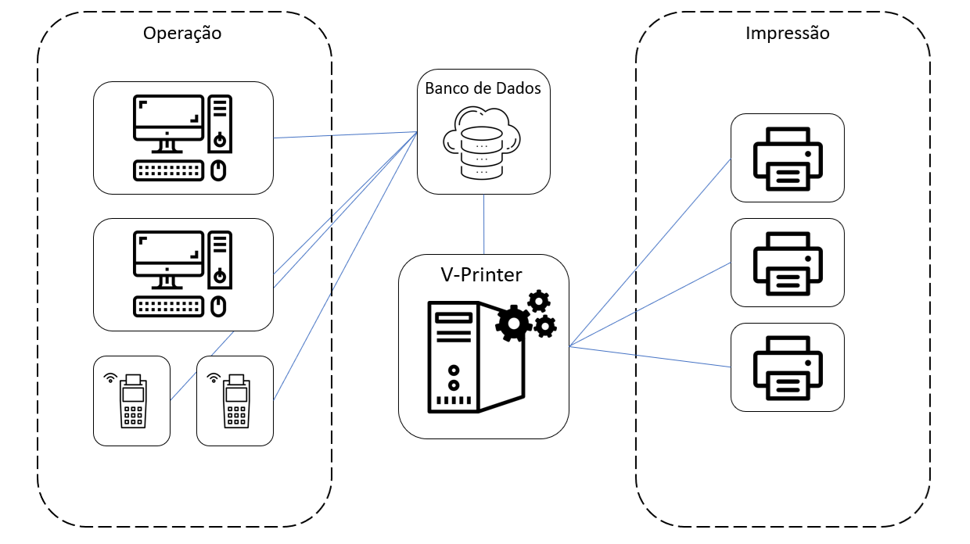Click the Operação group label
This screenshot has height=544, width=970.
coord(182,34)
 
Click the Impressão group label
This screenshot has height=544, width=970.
coord(787,34)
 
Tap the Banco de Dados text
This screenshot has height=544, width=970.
coord(483,88)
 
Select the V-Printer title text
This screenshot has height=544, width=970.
coord(483,274)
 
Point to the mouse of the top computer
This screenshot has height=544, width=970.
coord(219,170)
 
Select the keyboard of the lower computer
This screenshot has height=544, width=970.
coord(167,306)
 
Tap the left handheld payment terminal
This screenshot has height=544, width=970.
coord(133,400)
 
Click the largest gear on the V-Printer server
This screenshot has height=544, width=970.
coord(513,322)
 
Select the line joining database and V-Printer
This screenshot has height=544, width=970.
coord(483,224)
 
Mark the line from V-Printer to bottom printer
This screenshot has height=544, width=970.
coord(649,356)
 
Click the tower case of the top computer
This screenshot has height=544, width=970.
coord(220,123)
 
